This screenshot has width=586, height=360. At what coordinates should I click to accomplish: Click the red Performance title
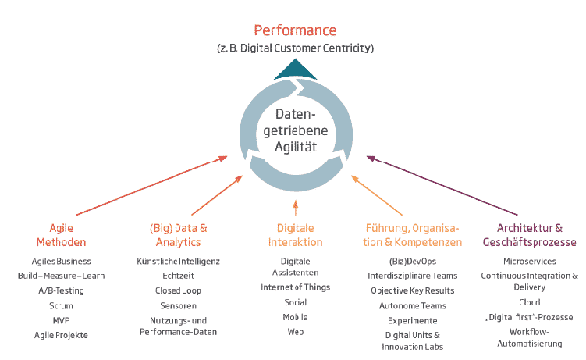point(295,30)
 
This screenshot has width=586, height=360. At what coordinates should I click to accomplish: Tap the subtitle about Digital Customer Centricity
point(295,48)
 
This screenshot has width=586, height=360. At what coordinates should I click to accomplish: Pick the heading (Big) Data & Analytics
point(178,235)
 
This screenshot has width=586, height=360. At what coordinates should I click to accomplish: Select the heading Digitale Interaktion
point(295,235)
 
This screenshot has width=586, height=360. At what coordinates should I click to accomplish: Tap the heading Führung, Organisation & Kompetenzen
point(413,235)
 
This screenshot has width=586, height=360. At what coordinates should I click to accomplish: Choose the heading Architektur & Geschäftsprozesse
point(530,235)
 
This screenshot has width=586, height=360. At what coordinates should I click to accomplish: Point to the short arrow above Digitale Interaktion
point(296,207)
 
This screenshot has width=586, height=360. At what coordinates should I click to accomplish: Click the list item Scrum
point(61,305)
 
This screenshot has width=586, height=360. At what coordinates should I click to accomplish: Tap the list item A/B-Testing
point(61,290)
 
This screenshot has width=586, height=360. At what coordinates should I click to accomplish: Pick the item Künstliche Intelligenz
point(178,261)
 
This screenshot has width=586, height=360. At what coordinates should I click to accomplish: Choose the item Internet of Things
point(295,287)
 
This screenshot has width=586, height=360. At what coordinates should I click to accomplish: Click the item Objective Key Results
point(412,290)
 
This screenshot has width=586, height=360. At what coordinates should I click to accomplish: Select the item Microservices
point(530,261)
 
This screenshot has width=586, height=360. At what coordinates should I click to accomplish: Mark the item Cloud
point(530,302)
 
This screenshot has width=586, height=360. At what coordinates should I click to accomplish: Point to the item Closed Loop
point(178,290)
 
